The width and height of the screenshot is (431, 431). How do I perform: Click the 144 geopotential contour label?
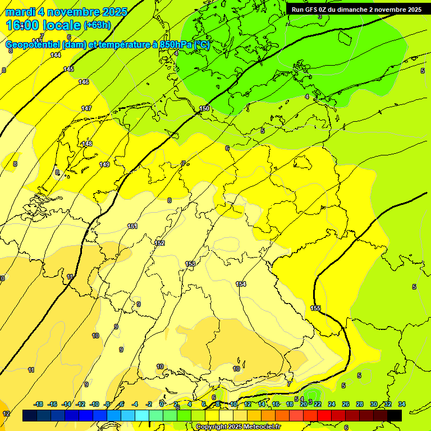(x=56, y=55)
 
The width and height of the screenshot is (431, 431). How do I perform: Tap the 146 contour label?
(x=84, y=82)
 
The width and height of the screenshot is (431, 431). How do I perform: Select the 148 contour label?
(x=87, y=144)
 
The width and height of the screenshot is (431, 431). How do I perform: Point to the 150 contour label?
(x=205, y=108)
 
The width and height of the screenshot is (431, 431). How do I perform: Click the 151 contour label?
(x=132, y=226)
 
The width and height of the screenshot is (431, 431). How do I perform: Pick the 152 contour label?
(x=160, y=243)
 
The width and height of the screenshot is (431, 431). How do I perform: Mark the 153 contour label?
(x=190, y=264)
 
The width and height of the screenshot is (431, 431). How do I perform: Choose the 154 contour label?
(x=241, y=284)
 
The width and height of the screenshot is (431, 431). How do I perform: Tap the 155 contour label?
(x=315, y=308)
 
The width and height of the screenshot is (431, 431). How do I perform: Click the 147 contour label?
(x=86, y=108)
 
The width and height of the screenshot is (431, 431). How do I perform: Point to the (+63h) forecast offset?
(x=98, y=25)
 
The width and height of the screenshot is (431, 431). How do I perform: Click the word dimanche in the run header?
(x=351, y=10)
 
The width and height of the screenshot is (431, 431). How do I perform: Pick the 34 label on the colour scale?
(x=401, y=404)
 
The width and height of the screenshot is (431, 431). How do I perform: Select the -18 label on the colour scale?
(x=38, y=404)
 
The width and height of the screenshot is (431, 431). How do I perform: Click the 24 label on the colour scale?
(x=331, y=404)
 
